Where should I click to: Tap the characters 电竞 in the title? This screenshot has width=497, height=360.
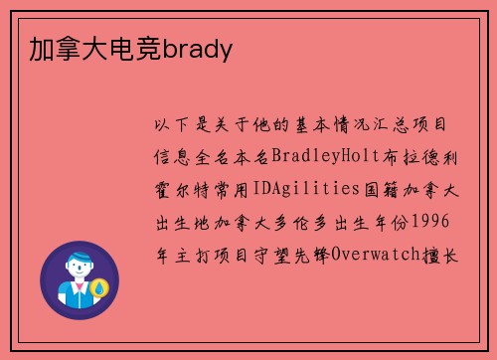click(x=139, y=48)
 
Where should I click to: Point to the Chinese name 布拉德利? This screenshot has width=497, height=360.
click(x=414, y=157)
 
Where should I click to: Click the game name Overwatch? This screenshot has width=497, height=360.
click(x=374, y=256)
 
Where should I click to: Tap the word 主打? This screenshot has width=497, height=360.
click(x=187, y=256)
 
